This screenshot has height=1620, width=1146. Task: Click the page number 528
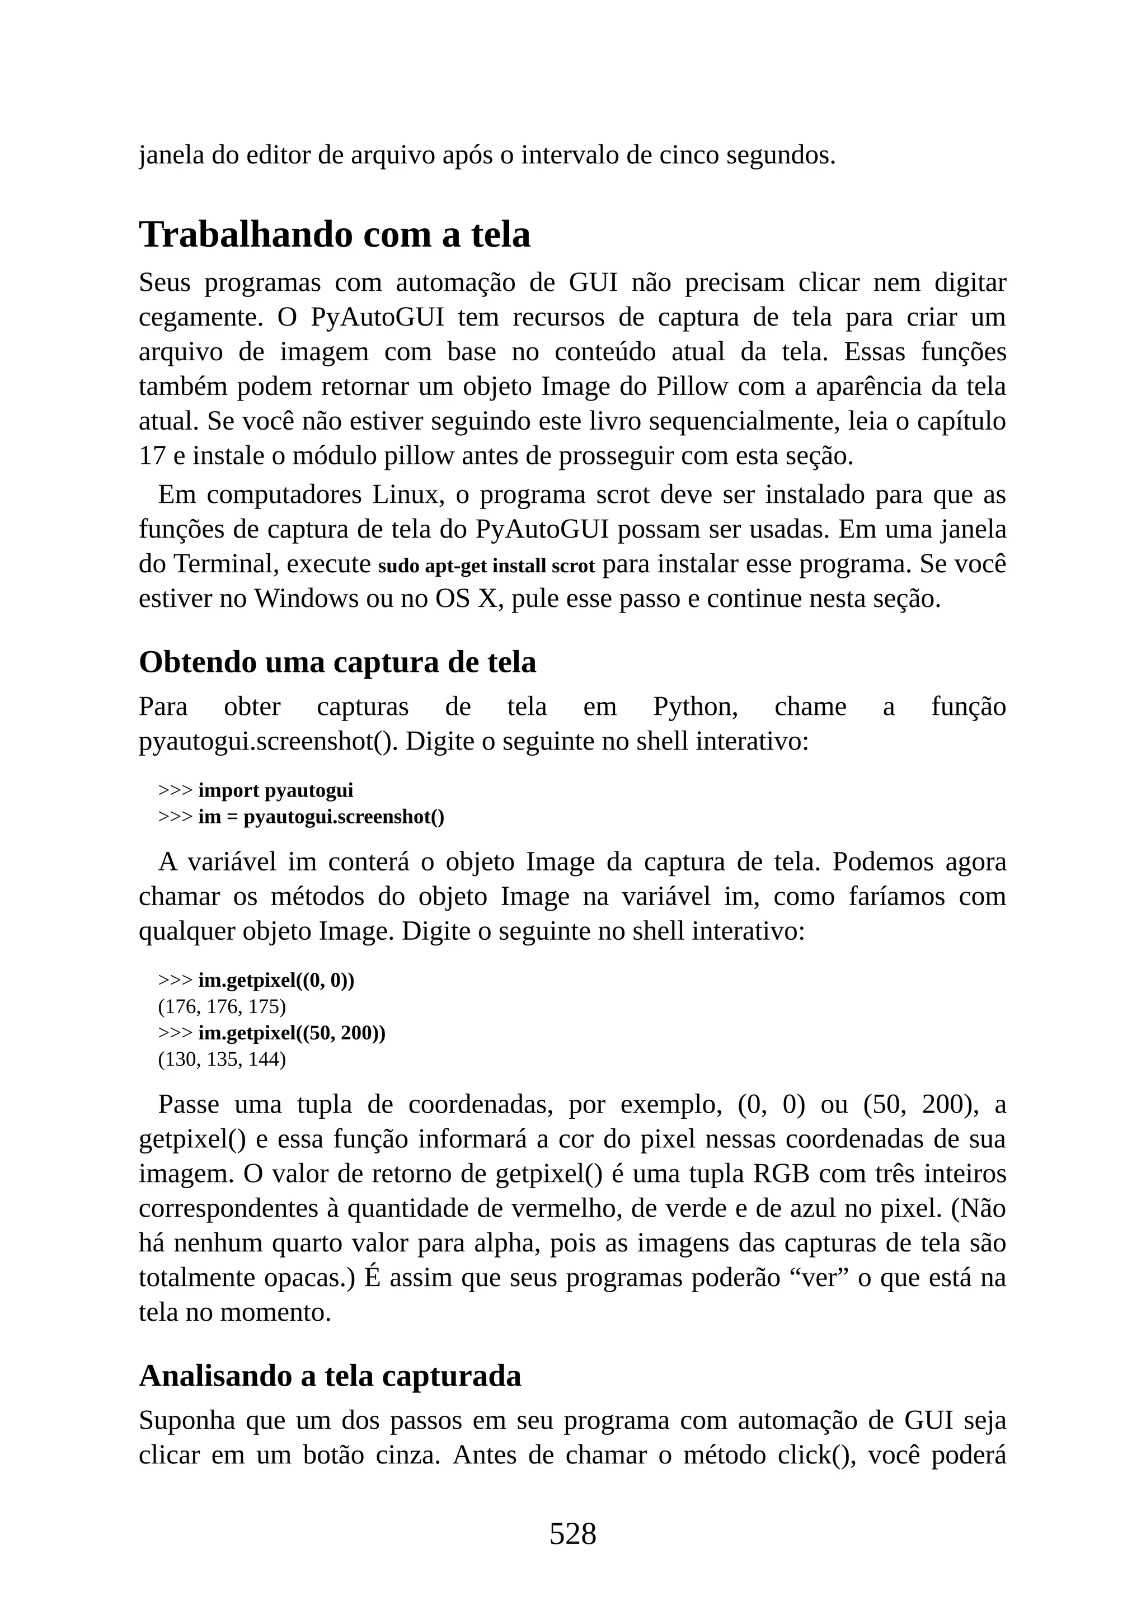coord(572,1533)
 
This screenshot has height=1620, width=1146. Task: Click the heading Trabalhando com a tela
coord(335,234)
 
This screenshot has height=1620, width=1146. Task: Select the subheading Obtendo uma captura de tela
coord(337,662)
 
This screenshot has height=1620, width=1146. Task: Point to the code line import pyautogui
coord(275,790)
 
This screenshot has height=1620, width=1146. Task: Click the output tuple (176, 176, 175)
coord(222,1006)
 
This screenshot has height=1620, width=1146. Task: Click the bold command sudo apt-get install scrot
coord(487,566)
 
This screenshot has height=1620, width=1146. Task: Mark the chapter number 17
coord(152,456)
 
